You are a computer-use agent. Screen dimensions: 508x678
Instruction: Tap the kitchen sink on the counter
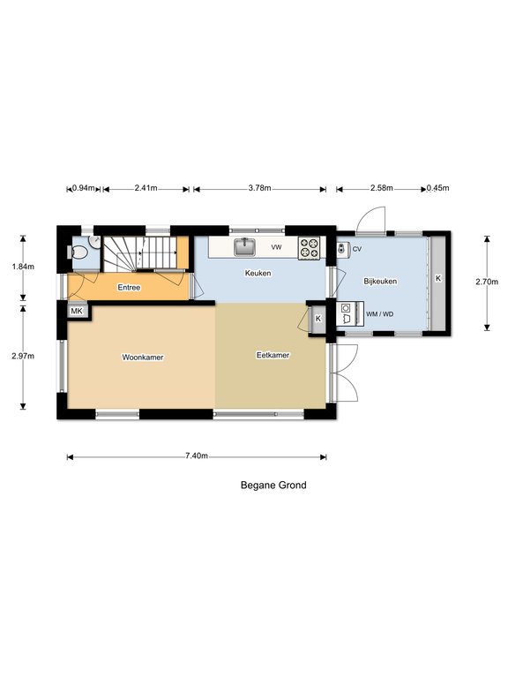click(x=245, y=247)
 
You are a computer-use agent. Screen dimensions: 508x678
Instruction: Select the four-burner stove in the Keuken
click(x=310, y=249)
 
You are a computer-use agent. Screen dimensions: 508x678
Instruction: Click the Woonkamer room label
click(x=143, y=358)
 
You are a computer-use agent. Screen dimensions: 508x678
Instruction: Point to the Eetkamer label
click(x=273, y=355)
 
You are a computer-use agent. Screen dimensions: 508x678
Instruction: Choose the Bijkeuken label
click(x=380, y=281)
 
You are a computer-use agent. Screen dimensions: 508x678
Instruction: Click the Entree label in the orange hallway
click(x=129, y=288)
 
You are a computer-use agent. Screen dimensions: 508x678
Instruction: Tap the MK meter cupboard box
click(x=77, y=311)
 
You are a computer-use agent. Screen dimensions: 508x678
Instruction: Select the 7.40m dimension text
click(x=197, y=456)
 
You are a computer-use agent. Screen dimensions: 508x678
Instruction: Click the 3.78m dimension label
click(x=259, y=188)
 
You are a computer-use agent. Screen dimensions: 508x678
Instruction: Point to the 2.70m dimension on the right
click(x=487, y=282)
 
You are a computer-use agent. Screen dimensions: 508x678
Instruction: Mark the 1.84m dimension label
click(x=23, y=267)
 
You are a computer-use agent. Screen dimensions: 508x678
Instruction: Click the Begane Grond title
click(x=273, y=486)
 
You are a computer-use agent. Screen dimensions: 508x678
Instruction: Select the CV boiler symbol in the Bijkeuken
click(x=342, y=249)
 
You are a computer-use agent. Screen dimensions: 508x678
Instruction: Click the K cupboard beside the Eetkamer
click(x=318, y=319)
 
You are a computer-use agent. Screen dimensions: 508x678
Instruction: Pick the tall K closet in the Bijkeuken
click(x=438, y=282)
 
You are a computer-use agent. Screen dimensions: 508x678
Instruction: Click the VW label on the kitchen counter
click(x=276, y=247)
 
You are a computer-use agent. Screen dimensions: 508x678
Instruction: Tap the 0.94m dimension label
click(x=84, y=188)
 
